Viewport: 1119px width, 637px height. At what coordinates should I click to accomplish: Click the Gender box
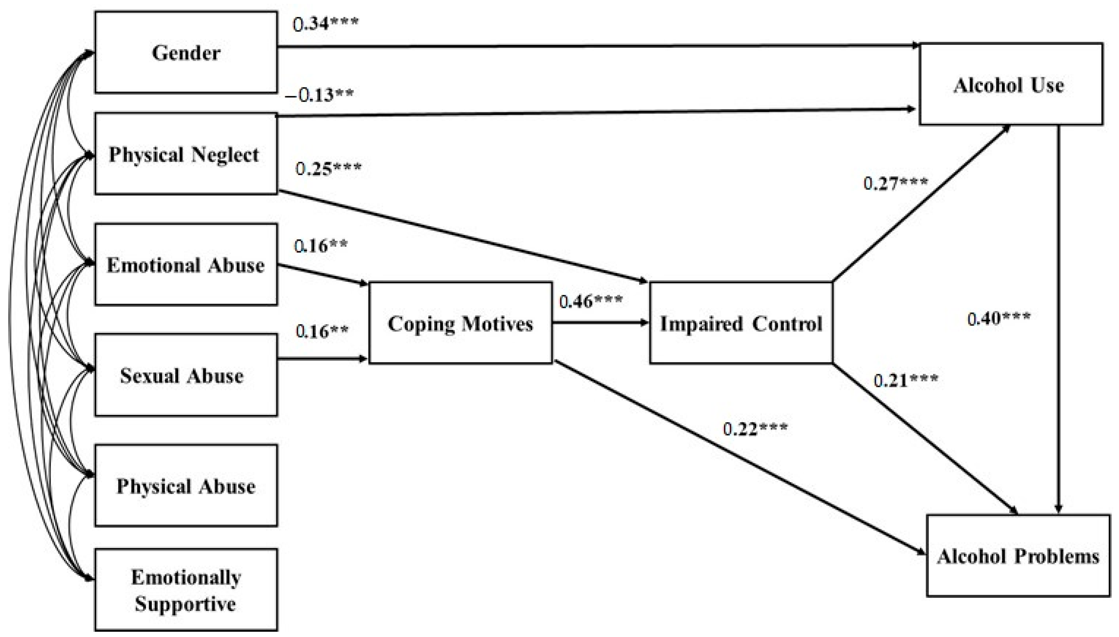click(186, 53)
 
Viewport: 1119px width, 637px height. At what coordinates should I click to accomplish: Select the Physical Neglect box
click(186, 154)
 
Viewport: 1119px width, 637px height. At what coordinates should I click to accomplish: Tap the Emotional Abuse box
click(186, 265)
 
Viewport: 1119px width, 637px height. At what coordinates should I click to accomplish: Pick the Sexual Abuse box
click(186, 375)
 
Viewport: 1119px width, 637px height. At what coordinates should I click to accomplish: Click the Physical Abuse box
click(186, 486)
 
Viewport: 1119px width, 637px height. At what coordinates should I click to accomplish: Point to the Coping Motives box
click(460, 323)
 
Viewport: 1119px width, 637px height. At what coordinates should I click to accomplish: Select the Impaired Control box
click(741, 323)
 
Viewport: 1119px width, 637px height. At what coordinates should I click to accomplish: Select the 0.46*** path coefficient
click(591, 301)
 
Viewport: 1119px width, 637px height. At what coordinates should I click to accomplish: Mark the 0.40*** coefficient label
click(999, 319)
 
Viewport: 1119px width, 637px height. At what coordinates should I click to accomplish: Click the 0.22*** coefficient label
click(755, 429)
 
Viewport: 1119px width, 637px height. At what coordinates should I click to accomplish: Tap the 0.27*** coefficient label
click(895, 183)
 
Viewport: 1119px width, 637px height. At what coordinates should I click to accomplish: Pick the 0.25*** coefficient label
click(328, 168)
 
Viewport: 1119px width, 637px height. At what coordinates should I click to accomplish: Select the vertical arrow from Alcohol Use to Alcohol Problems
click(1058, 319)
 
